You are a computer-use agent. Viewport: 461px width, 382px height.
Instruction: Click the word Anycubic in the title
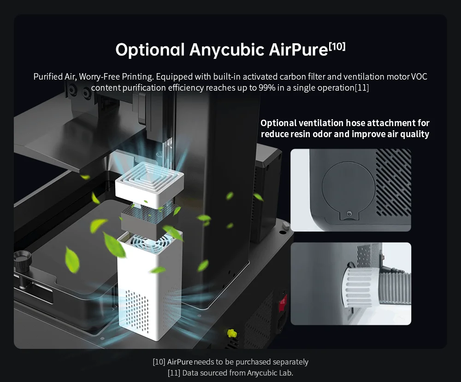[x=227, y=50]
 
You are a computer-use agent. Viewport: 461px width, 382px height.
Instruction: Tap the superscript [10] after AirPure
[x=337, y=46]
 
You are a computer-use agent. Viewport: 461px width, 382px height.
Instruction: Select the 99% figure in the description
[x=267, y=88]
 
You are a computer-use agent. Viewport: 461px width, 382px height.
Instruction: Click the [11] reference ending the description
[x=361, y=88]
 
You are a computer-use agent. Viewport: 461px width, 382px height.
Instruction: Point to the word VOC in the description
[x=419, y=77]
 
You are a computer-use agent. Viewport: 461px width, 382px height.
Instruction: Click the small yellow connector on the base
[x=232, y=334]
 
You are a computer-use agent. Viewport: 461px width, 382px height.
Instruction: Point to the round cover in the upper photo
[x=349, y=188]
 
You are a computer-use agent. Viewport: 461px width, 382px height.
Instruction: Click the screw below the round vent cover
[x=349, y=213]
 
